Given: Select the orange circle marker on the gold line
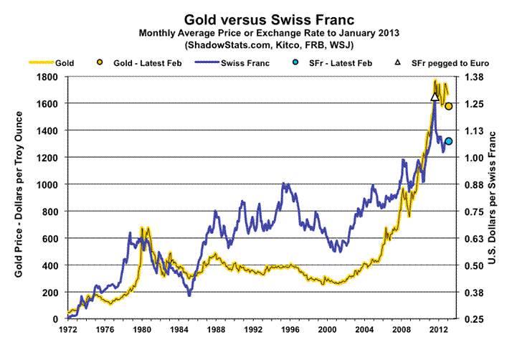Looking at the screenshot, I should point(449,106).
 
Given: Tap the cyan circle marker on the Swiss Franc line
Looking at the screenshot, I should point(449,141).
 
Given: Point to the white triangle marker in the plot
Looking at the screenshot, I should point(435,97).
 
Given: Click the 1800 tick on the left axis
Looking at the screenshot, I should point(48,77).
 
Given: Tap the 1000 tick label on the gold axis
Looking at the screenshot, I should point(48,184).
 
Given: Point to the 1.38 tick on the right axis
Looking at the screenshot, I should point(478,77).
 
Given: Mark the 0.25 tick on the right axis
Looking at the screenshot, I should point(478,319).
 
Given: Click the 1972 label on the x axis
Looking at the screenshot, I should point(67,331).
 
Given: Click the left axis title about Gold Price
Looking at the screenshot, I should point(16,198).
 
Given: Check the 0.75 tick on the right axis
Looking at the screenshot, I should point(478,212).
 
